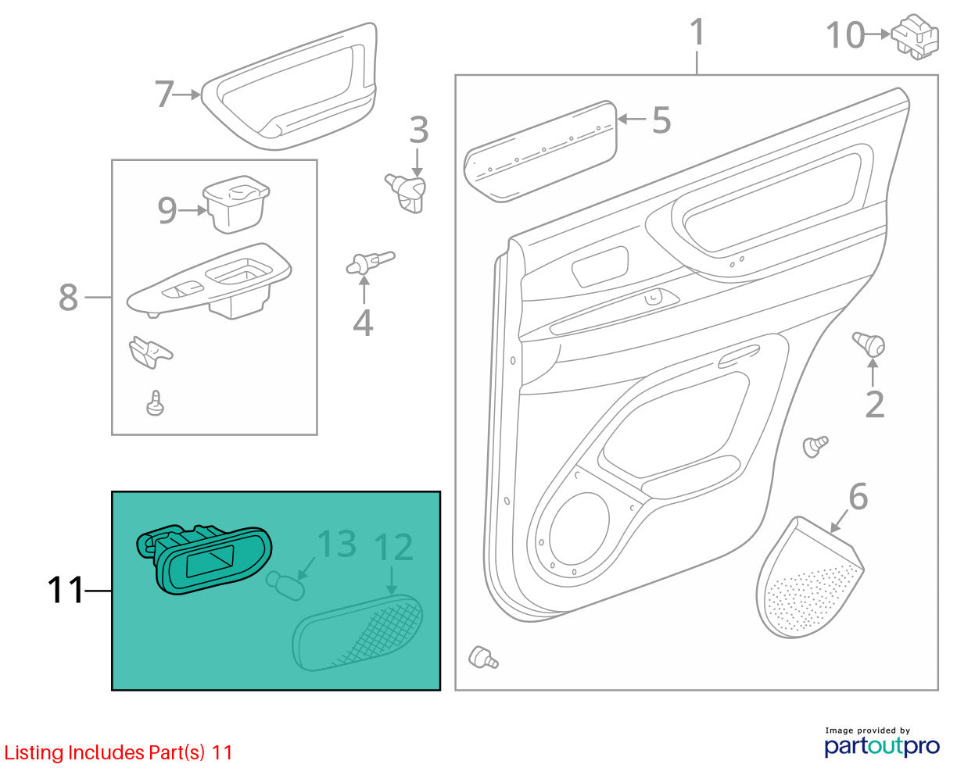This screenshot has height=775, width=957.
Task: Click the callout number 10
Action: pyautogui.click(x=844, y=35)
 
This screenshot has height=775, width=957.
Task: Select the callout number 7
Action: pyautogui.click(x=164, y=94)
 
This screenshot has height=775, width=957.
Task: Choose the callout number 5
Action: pyautogui.click(x=661, y=120)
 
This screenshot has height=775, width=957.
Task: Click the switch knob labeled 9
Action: pyautogui.click(x=236, y=205)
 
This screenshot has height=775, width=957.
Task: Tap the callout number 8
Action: pyautogui.click(x=68, y=297)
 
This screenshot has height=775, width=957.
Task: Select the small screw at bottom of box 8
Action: pyautogui.click(x=156, y=403)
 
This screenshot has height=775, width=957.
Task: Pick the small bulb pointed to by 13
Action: pyautogui.click(x=285, y=585)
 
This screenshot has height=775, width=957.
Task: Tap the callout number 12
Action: pyautogui.click(x=393, y=547)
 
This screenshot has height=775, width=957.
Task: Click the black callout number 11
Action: pyautogui.click(x=66, y=590)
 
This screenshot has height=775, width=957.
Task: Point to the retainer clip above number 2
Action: pyautogui.click(x=869, y=345)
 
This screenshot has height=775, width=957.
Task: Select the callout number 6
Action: pyautogui.click(x=858, y=497)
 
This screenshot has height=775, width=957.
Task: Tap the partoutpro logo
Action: pyautogui.click(x=881, y=746)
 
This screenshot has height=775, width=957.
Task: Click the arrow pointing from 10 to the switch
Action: pyautogui.click(x=877, y=34)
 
